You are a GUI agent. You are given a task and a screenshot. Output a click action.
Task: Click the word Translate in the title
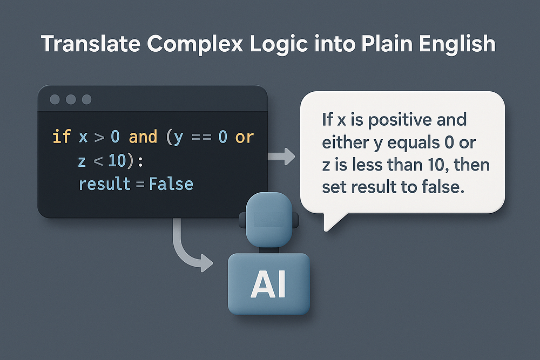tap(91, 44)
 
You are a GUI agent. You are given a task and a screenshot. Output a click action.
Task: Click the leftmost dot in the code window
tap(55, 99)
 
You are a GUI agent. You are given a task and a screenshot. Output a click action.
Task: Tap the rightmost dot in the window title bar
tap(86, 99)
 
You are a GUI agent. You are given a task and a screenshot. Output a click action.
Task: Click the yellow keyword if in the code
tap(62, 137)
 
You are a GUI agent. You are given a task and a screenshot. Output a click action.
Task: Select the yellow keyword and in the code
tap(143, 137)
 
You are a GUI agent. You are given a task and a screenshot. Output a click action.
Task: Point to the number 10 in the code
tap(117, 161)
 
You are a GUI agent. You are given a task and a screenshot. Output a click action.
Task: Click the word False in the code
tap(171, 184)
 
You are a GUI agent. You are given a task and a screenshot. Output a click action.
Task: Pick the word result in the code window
tap(105, 184)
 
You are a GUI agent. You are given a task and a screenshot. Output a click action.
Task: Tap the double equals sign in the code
tap(201, 137)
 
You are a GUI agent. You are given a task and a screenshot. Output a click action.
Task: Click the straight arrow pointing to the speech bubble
tap(281, 157)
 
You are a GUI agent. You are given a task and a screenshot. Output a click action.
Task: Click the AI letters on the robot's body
tap(268, 284)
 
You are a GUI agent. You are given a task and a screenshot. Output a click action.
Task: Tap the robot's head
tap(268, 219)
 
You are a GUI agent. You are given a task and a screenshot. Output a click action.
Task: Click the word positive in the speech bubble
tap(400, 120)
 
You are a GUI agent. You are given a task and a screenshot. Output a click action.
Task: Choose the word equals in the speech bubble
tap(413, 143)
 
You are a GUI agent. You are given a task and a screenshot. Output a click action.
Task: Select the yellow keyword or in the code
tap(245, 137)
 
